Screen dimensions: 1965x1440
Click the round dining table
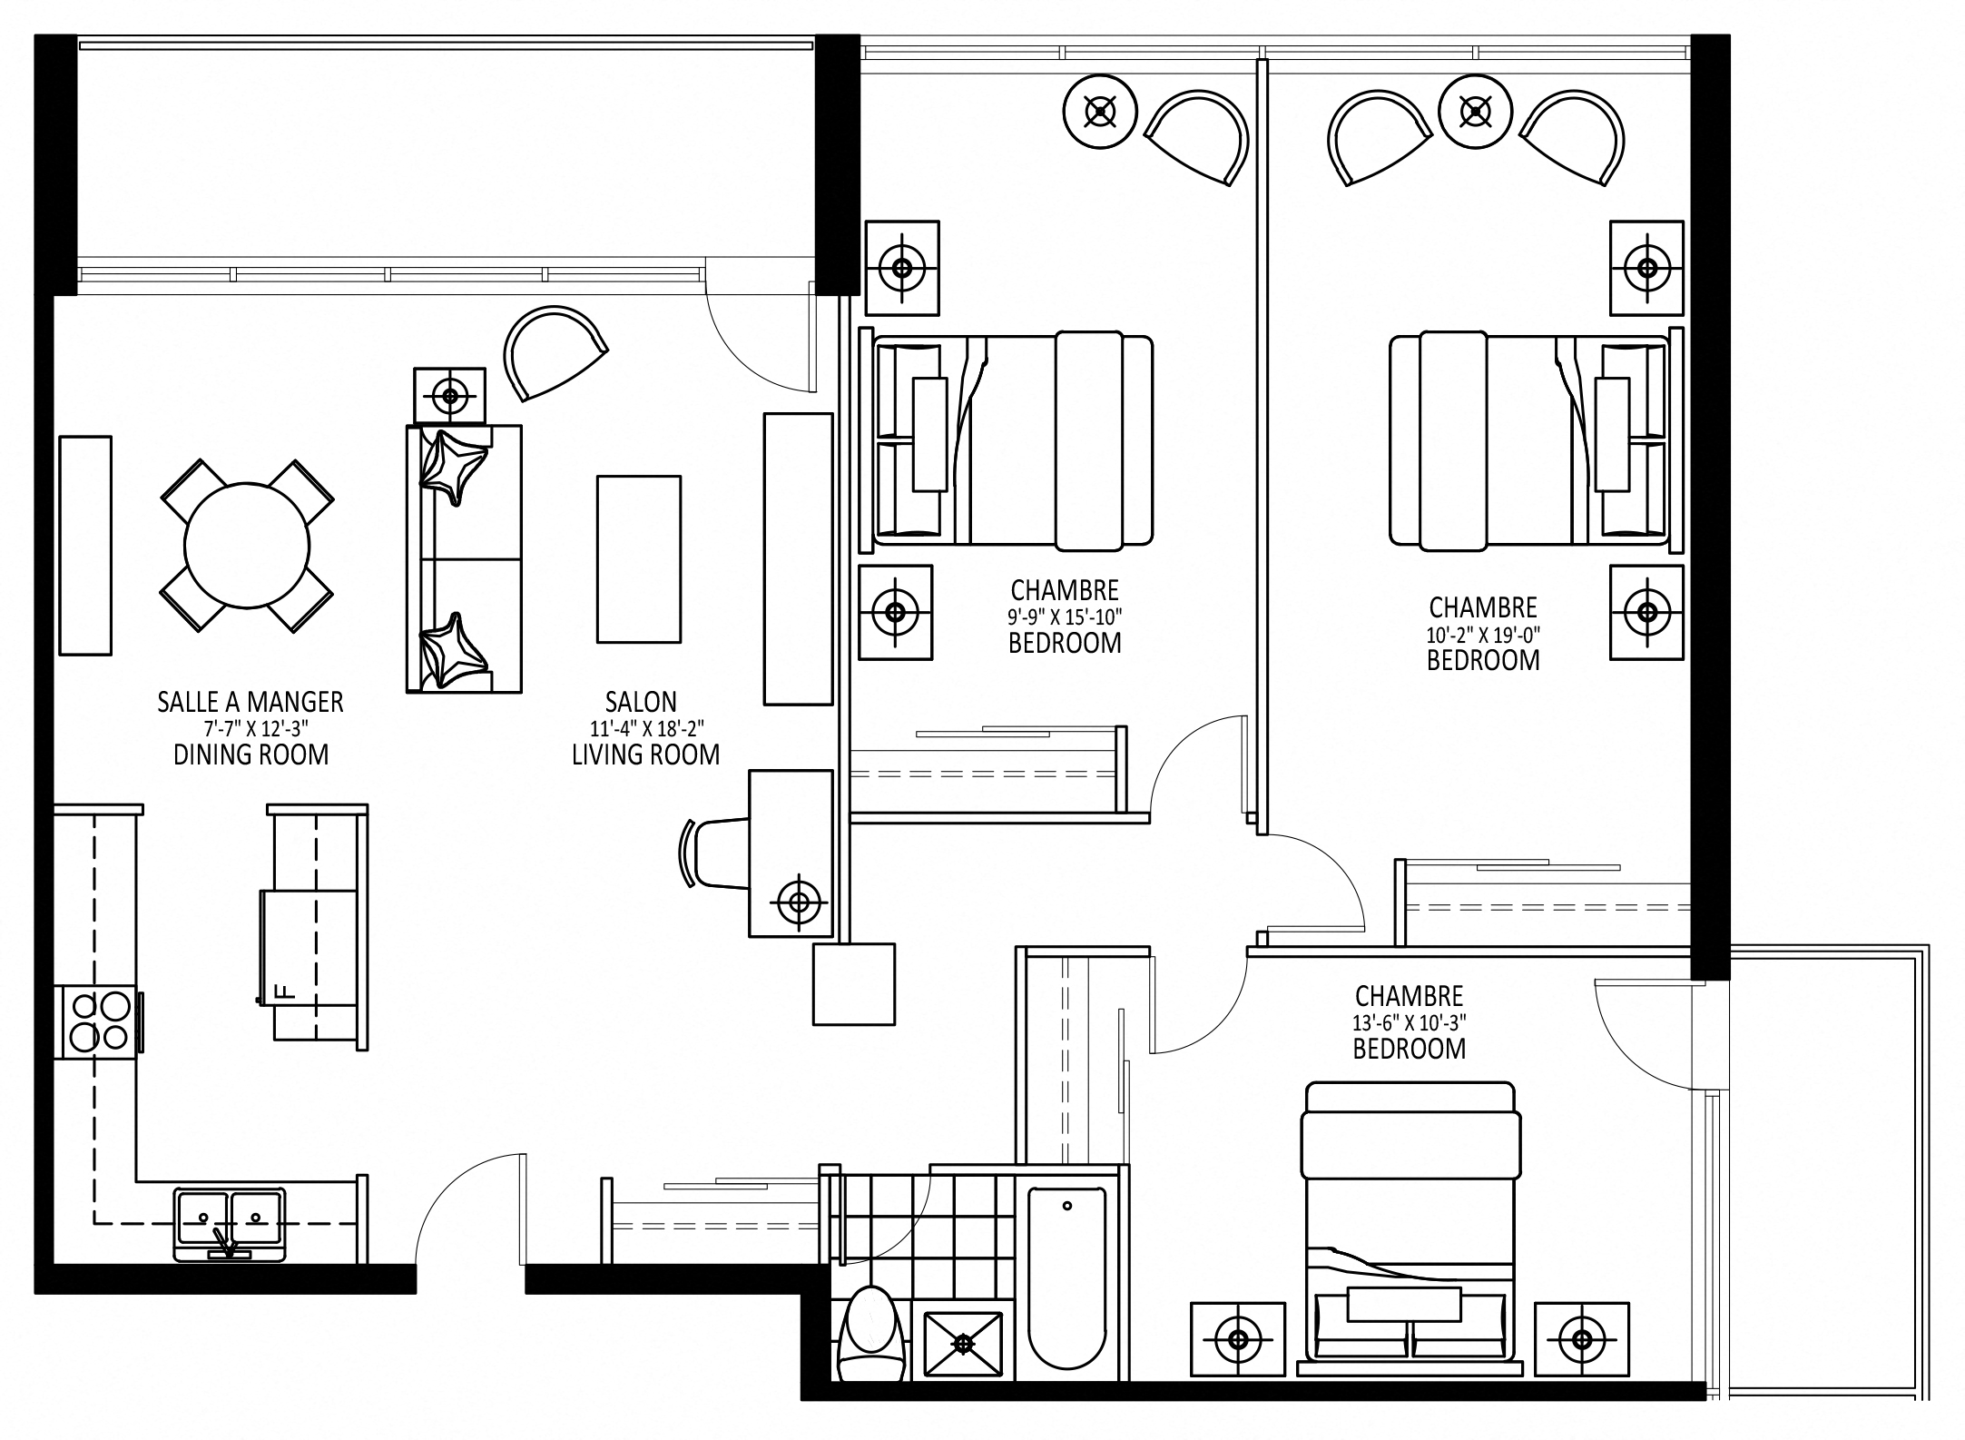pyautogui.click(x=247, y=546)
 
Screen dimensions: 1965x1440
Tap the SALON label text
pyautogui.click(x=641, y=702)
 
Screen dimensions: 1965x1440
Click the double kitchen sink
pyautogui.click(x=230, y=1225)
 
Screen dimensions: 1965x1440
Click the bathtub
pyautogui.click(x=1066, y=1285)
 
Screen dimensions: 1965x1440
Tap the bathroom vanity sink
pyautogui.click(x=964, y=1341)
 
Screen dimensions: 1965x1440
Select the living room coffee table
pyautogui.click(x=638, y=558)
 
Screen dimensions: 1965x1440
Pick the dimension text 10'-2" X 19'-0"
pyautogui.click(x=1483, y=635)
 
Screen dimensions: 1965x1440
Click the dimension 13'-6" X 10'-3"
pyautogui.click(x=1409, y=1022)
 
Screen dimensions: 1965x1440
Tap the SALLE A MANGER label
pyautogui.click(x=251, y=702)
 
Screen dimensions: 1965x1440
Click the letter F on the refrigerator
pyautogui.click(x=280, y=991)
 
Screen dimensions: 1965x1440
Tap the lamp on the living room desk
pyautogui.click(x=799, y=902)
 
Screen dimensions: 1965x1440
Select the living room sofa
pyautogui.click(x=464, y=559)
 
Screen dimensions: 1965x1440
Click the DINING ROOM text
pyautogui.click(x=251, y=755)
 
